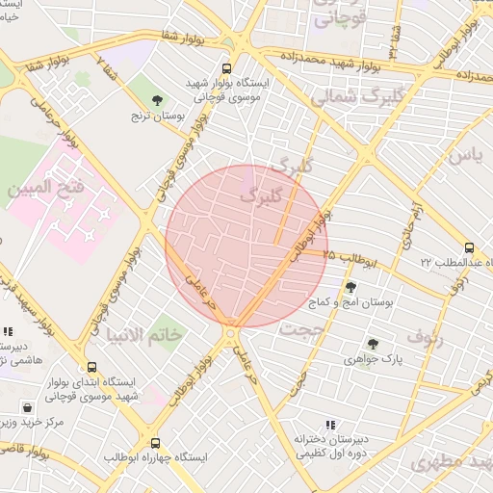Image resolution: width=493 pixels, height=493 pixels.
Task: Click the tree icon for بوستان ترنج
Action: point(158,100)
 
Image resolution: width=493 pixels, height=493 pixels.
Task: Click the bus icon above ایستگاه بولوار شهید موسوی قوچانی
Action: point(226,69)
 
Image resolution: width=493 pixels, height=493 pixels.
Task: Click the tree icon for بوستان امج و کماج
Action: point(350,287)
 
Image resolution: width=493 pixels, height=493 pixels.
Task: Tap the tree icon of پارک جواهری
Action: point(373,344)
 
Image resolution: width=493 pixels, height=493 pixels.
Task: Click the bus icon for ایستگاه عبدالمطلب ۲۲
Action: point(469,247)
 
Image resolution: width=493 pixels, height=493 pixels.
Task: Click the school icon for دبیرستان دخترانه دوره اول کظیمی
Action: point(330,425)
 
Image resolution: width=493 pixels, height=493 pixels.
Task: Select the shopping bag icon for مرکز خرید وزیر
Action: point(27,408)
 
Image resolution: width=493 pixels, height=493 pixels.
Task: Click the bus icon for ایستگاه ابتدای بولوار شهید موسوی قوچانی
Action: point(91,368)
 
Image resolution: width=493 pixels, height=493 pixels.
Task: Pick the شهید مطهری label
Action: point(451,462)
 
